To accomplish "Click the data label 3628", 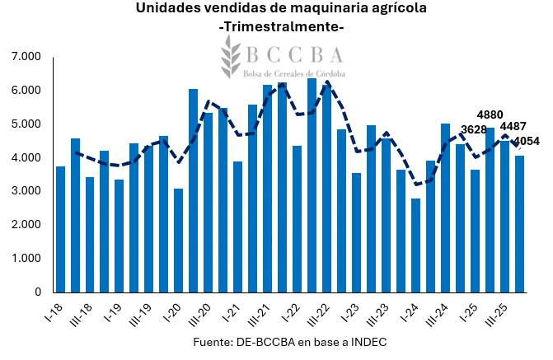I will pos(474,129).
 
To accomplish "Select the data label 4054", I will pos(526,141).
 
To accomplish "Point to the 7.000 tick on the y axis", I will pos(27,57).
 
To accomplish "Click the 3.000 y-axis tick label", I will pos(27,191).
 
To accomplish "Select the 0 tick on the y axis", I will pos(38,292).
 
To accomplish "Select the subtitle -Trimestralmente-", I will pos(282,27).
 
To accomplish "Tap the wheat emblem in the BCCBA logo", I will pos(230,57).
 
